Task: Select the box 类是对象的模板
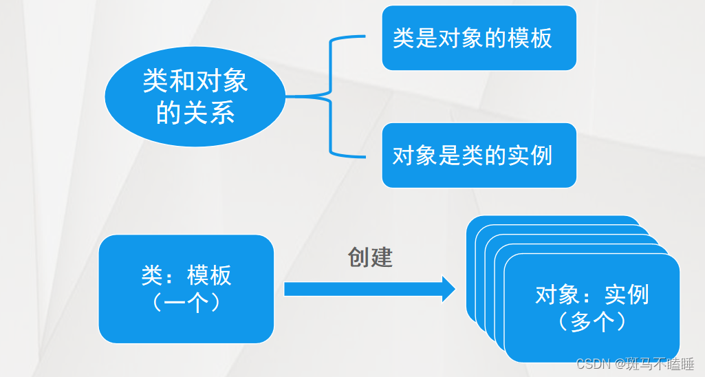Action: coord(479,38)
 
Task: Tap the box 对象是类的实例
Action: coord(479,155)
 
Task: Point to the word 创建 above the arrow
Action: coord(370,257)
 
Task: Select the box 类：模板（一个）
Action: coord(186,289)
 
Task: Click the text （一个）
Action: coord(186,303)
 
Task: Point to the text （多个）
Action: coord(592,321)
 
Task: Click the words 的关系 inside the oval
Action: coord(195,112)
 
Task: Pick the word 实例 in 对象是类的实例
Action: coord(529,156)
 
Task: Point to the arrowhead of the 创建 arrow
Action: coord(448,289)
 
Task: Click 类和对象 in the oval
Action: coord(195,82)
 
